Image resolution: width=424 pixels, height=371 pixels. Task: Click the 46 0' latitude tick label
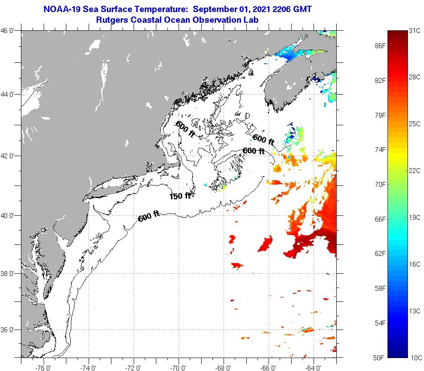tap(10, 31)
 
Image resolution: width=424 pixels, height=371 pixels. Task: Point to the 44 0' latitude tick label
tap(10, 95)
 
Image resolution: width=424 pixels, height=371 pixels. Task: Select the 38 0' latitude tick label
tap(10, 273)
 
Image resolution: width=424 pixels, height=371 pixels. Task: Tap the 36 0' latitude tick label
tap(10, 330)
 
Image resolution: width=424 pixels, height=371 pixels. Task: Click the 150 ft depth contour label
tap(180, 196)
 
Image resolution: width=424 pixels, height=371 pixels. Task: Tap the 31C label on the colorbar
tap(415, 31)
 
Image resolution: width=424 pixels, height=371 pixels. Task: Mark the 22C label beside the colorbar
tap(415, 170)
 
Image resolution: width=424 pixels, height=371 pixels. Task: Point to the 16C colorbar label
tap(415, 264)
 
